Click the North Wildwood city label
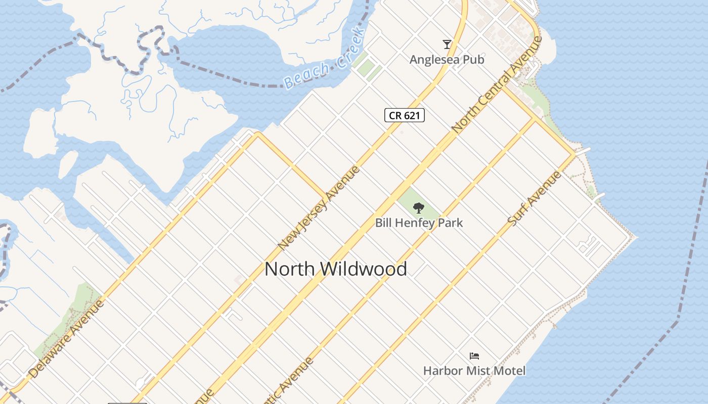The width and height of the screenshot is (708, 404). tap(335, 269)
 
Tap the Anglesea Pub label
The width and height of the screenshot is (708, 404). tap(447, 60)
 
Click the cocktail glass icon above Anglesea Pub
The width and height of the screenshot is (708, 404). tap(447, 44)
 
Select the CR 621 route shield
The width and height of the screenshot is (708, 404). tap(405, 115)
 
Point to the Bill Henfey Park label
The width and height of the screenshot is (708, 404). tap(419, 222)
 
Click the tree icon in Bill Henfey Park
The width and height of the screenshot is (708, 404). tap(418, 208)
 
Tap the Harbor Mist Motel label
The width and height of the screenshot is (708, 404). tap(474, 371)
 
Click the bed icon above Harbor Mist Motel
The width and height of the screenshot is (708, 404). tap(474, 356)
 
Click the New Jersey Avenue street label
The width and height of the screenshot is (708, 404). tap(319, 207)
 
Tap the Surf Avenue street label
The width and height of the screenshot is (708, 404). tap(535, 198)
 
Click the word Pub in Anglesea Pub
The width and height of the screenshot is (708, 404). tap(475, 60)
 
